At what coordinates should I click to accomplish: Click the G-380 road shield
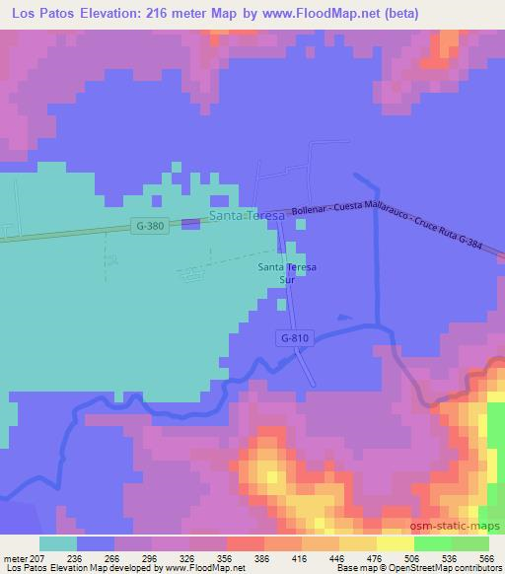coord(150,226)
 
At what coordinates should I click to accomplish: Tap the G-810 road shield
coord(294,338)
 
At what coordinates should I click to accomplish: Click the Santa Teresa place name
coord(247,215)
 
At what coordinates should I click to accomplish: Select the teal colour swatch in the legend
coord(58,542)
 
